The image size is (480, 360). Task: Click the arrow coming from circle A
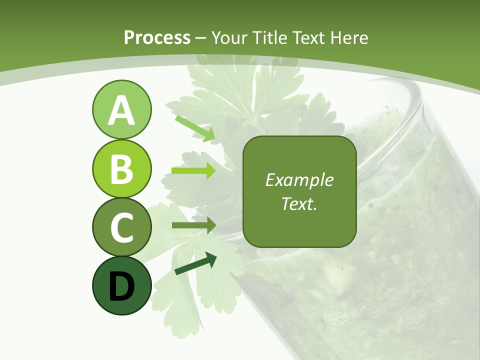point(195,128)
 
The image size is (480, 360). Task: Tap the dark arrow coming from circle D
point(195,263)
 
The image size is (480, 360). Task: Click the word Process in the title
point(157,37)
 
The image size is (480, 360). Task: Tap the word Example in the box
point(299,180)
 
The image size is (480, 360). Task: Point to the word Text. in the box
point(299,204)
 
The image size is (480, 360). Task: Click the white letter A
point(121,111)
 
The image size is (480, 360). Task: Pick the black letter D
point(121,286)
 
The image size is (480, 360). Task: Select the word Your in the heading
point(230,37)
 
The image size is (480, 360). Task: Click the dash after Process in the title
point(201,38)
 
